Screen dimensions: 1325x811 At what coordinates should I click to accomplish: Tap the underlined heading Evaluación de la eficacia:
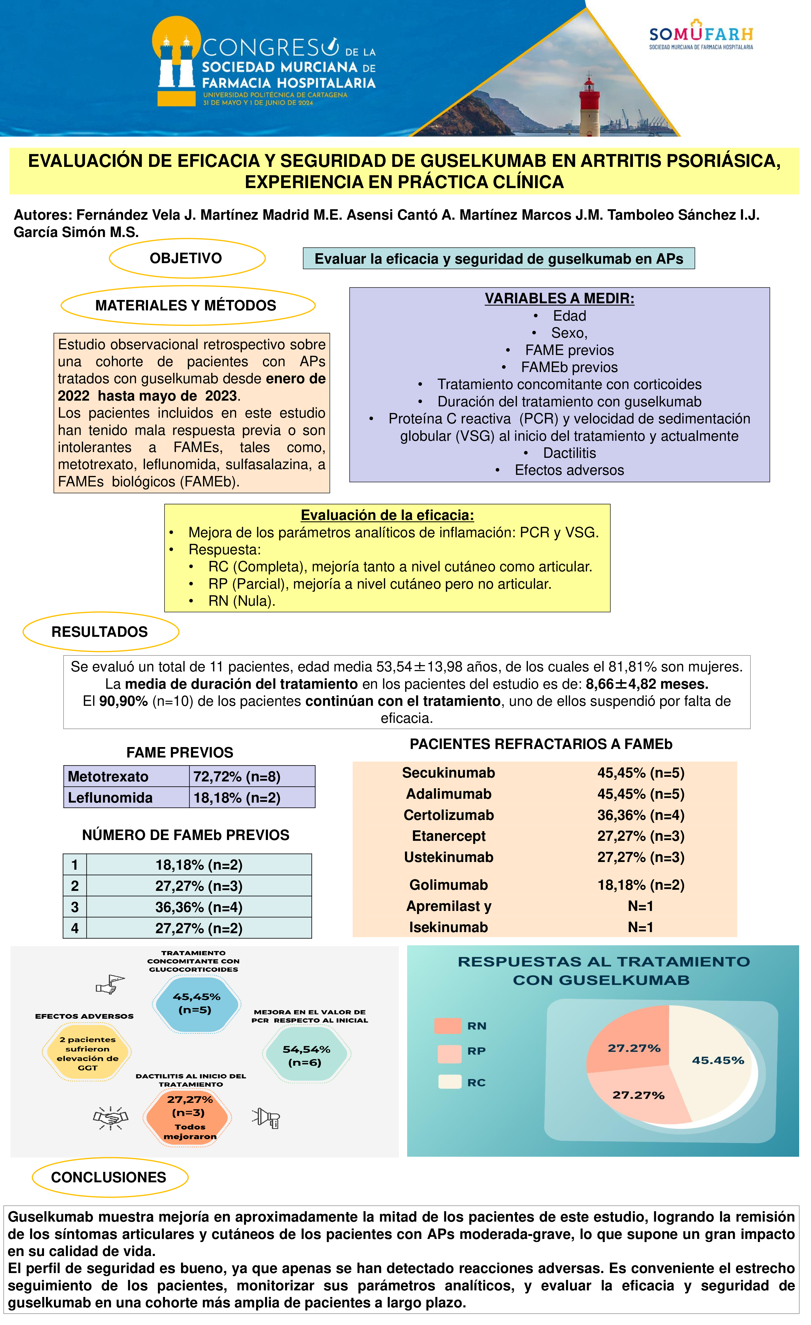(387, 515)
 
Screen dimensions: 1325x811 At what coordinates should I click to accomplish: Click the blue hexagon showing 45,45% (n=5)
(196, 1003)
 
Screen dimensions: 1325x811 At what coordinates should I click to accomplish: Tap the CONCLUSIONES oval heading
(109, 1178)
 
